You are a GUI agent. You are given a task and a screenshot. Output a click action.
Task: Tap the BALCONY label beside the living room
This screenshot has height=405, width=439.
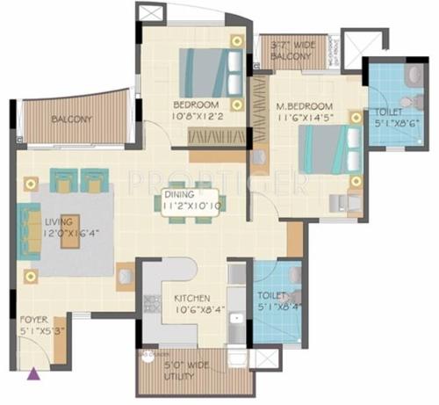pos(72,119)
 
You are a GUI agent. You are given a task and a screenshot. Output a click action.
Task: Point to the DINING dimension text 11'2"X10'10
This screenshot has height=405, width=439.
pos(194,204)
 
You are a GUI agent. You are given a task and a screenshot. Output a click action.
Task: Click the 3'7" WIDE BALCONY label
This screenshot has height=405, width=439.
pos(291,52)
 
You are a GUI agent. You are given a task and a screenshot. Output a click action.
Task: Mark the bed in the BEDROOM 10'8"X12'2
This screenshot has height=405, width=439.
pos(212,69)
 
